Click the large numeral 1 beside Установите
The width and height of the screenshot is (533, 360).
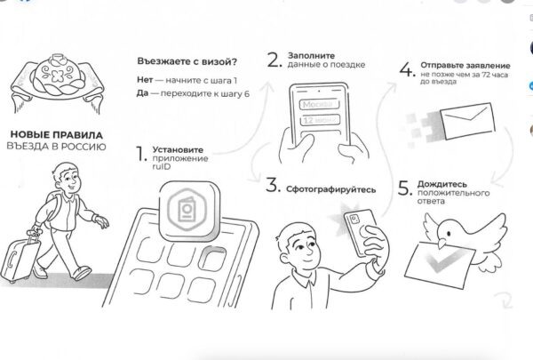[x=140, y=154]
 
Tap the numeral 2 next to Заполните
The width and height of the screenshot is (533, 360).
[x=274, y=60]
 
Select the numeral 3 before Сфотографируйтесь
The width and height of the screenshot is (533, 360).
[x=273, y=185]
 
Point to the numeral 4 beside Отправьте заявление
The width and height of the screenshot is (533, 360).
[x=407, y=69]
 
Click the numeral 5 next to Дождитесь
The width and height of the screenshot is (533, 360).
[x=405, y=188]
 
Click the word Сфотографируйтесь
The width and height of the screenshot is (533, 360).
[x=330, y=189]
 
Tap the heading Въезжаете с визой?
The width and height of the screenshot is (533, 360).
[x=187, y=61]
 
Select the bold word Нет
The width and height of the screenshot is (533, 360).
[x=145, y=80]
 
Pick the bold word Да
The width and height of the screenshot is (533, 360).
[x=142, y=93]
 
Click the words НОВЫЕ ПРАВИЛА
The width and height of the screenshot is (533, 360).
[x=57, y=135]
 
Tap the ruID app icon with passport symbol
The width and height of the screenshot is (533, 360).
[x=189, y=211]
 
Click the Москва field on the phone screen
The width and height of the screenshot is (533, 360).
[x=319, y=104]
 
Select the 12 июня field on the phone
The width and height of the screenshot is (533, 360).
[x=319, y=120]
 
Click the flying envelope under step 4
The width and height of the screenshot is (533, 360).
[x=467, y=121]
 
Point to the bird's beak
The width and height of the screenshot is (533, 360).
[x=442, y=243]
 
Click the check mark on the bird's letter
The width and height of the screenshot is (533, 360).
[x=442, y=261]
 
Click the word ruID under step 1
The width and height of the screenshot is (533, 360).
[x=162, y=167]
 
